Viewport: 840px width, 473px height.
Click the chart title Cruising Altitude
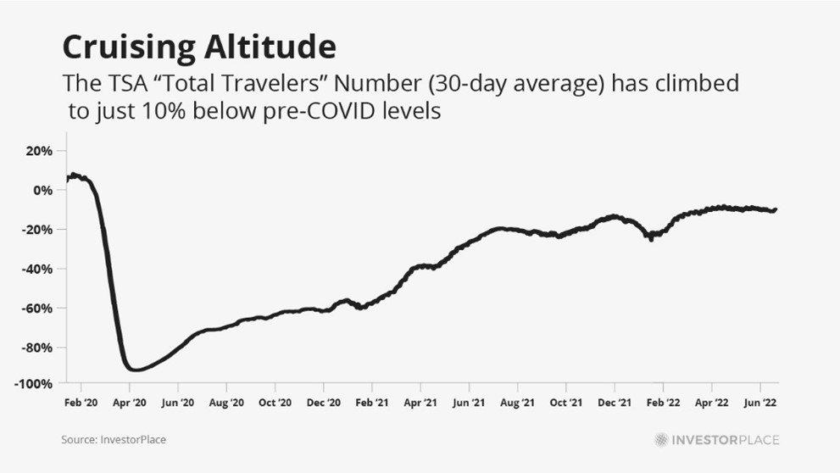(x=198, y=46)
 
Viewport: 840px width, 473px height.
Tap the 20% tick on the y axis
(x=39, y=151)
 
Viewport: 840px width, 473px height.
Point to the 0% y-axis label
(x=43, y=190)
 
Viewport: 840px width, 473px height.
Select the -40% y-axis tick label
(x=37, y=269)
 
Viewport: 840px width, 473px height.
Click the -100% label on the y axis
(x=34, y=383)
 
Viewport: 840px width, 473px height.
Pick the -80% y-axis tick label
(x=37, y=348)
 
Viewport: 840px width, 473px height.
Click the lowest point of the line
(x=134, y=370)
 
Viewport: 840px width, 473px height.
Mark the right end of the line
(x=776, y=209)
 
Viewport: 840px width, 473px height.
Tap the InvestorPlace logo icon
(x=660, y=440)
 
